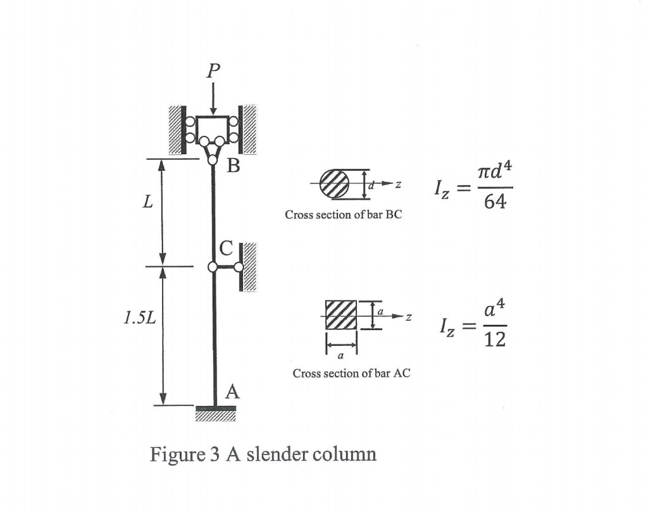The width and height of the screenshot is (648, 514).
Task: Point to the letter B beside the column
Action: [x=234, y=167]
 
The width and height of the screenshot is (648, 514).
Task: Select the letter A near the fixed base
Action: [x=232, y=392]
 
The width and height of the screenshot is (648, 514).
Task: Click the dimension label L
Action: [x=147, y=204]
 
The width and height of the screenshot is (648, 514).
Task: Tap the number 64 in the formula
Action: [x=494, y=204]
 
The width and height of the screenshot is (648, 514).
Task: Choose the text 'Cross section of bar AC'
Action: [x=351, y=374]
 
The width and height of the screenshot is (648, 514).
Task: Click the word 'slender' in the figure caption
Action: [x=277, y=454]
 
